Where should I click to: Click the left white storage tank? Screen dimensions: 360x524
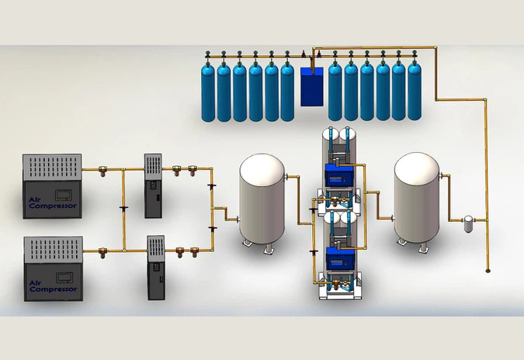click(262, 198)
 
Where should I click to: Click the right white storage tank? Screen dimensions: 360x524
click(418, 198)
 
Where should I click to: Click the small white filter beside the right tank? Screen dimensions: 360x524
click(467, 224)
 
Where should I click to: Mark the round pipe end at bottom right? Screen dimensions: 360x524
click(488, 271)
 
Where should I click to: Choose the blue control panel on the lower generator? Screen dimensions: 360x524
click(338, 260)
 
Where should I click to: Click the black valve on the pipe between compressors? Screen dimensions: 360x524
click(123, 208)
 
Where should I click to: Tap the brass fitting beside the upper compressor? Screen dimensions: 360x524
click(104, 168)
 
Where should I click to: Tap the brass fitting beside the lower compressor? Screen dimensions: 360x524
click(104, 251)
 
